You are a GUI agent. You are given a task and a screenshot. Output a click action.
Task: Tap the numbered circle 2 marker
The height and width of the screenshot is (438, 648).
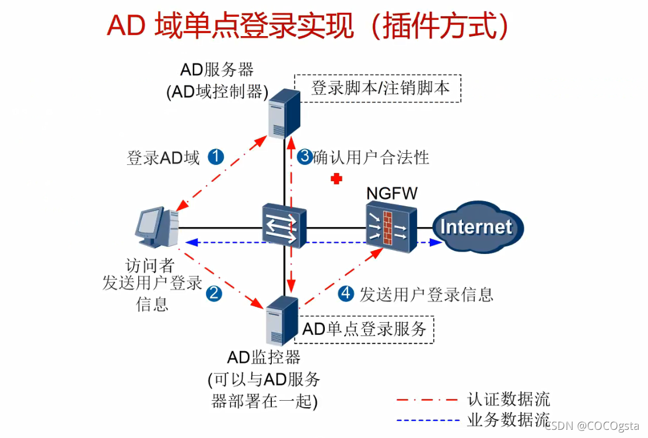(x=214, y=293)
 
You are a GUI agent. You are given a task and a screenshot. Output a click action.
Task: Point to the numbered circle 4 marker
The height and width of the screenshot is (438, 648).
(x=346, y=294)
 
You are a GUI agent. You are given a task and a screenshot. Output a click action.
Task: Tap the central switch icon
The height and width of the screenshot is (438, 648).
(x=284, y=225)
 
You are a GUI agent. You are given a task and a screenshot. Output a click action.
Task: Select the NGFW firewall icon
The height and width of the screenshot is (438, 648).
(x=391, y=227)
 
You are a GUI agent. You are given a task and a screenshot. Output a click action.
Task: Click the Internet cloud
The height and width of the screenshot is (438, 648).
(x=477, y=227)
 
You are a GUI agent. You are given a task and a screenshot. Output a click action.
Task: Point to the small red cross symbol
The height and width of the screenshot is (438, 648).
(x=335, y=179)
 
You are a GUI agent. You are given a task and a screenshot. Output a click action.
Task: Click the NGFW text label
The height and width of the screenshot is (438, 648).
(x=392, y=193)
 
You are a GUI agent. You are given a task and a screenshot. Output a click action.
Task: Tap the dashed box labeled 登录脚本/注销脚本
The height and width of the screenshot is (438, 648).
(x=378, y=89)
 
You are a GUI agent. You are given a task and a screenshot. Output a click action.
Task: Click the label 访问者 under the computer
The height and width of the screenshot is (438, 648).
(x=151, y=266)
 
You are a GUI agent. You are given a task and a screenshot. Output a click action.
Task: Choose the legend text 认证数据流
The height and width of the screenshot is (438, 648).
(x=509, y=400)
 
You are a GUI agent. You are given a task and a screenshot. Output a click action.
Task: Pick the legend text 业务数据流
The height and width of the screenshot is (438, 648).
(x=509, y=419)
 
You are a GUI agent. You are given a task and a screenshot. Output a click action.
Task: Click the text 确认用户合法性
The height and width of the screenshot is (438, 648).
(x=371, y=157)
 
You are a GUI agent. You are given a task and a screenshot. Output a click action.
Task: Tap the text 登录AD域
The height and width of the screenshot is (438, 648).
(x=163, y=157)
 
